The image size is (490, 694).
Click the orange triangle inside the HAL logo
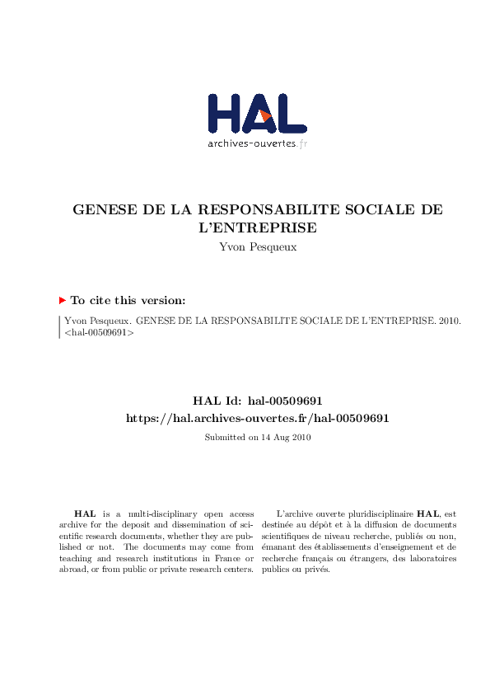click(265, 116)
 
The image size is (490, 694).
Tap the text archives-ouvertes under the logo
click(250, 143)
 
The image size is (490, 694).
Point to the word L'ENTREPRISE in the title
click(257, 227)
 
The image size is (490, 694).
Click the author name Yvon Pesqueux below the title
click(257, 246)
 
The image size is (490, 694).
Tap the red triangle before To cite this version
click(63, 301)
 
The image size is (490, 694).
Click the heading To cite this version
click(128, 301)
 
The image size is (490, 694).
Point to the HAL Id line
click(257, 401)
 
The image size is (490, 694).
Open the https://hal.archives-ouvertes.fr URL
click(257, 418)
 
